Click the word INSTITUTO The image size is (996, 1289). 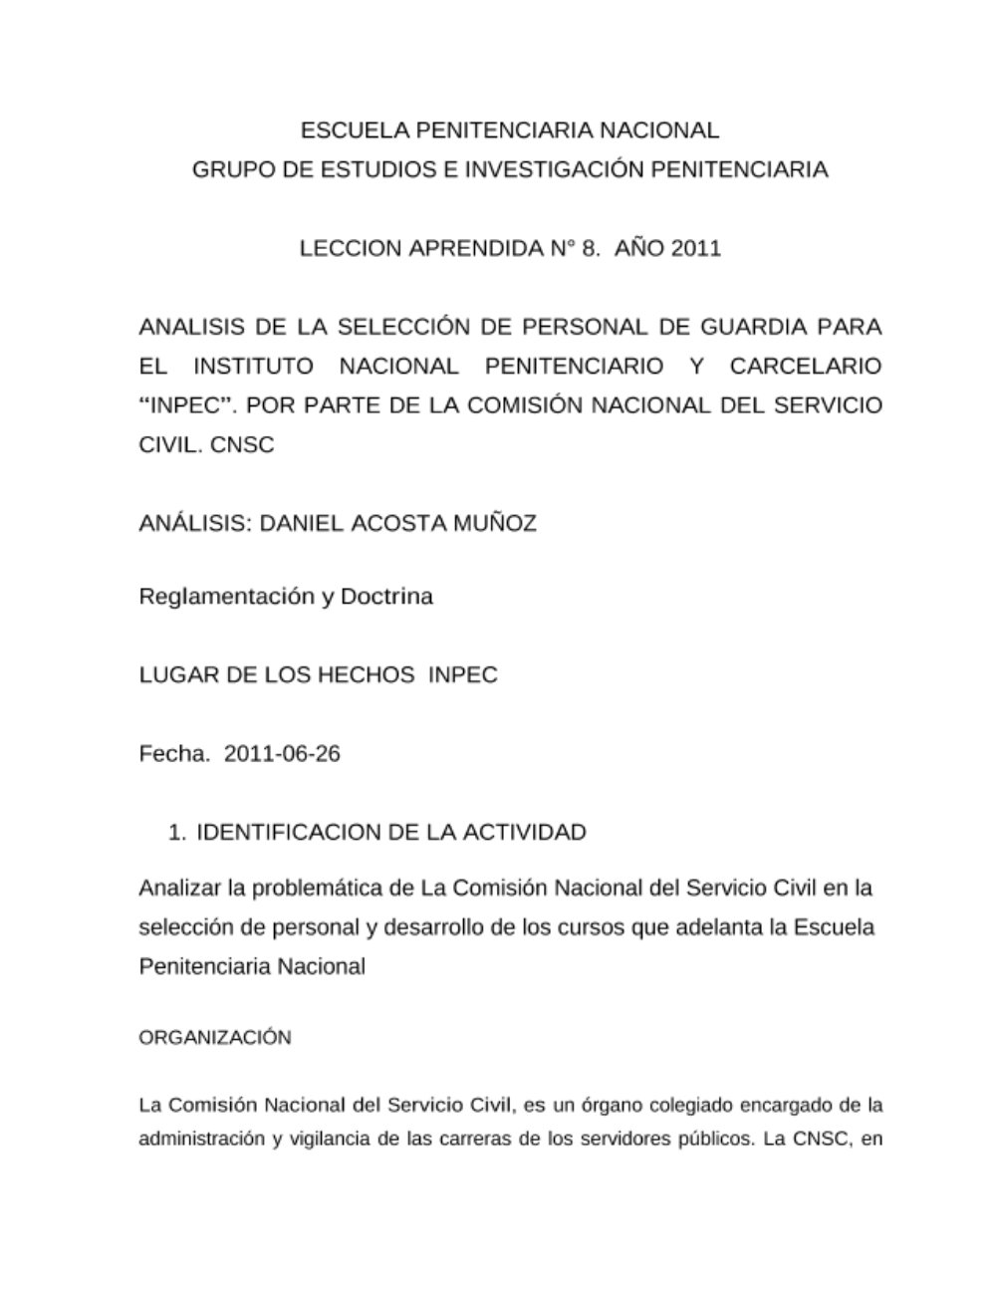tap(253, 366)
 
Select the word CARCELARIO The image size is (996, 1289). tap(805, 366)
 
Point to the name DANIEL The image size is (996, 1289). tap(301, 523)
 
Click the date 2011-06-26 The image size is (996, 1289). tap(282, 753)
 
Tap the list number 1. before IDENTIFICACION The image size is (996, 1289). tap(176, 832)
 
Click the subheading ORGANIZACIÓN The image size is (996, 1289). tap(215, 1037)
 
